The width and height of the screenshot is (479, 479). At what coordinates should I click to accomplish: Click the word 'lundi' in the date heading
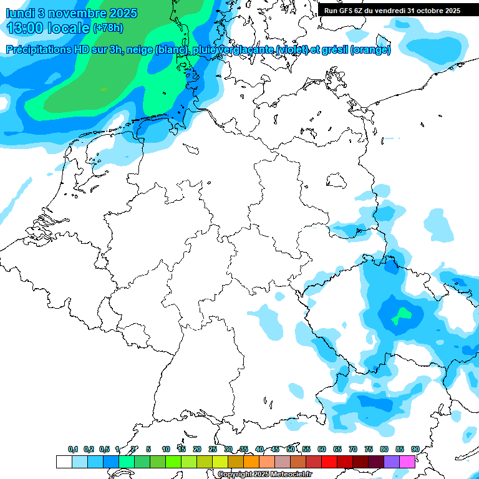point(20,12)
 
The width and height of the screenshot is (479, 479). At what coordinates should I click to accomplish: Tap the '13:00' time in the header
point(25,28)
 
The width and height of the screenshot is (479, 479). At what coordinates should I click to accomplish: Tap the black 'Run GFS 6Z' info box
point(392,10)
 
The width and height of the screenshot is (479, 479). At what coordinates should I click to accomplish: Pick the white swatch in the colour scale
point(64,462)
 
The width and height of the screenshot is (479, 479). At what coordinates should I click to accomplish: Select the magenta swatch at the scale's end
point(407,462)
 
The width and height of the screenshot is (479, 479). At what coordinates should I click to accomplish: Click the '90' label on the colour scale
point(415,449)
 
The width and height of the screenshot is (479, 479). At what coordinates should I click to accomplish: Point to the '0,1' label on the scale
point(73,449)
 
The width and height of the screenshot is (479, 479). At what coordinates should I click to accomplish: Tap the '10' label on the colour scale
point(166,449)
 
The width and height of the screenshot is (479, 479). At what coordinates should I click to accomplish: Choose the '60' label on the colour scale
point(322,449)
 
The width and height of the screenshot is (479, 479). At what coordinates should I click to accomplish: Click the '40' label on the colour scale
point(259,449)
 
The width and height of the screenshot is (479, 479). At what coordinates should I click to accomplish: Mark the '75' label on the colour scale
point(369,449)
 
